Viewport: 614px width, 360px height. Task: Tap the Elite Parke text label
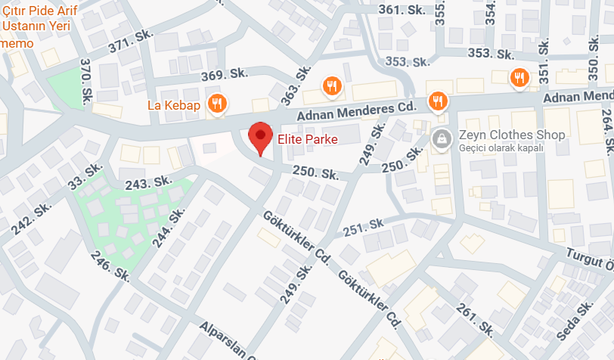[x=307, y=139]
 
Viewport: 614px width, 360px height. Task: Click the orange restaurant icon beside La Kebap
[x=217, y=103]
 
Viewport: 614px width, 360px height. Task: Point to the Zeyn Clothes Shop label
[x=512, y=135]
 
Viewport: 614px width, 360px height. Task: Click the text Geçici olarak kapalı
[x=501, y=147]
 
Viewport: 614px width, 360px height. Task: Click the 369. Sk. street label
[x=225, y=73]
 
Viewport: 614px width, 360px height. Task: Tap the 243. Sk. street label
[x=149, y=183]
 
